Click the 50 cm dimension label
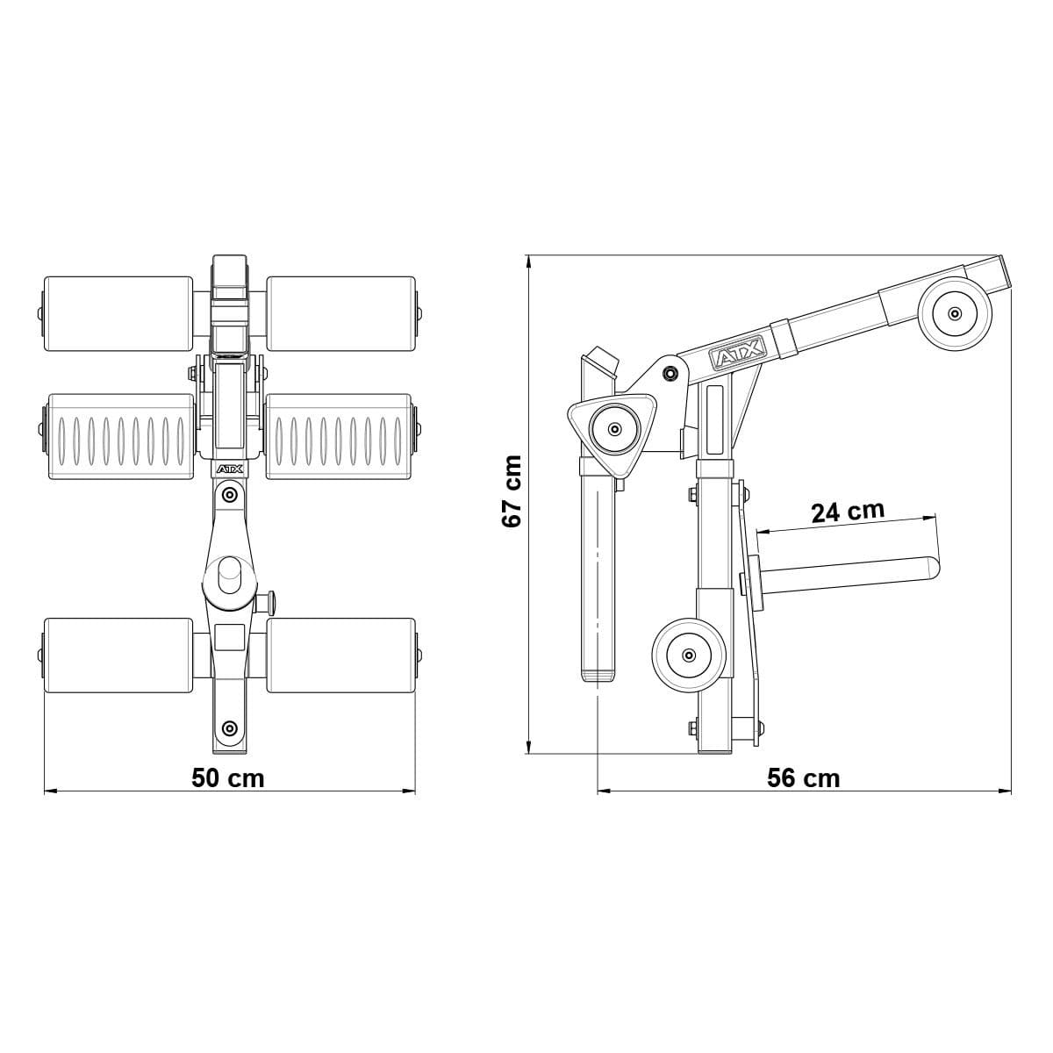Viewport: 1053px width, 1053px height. (227, 777)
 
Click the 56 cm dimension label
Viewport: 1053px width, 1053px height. (803, 777)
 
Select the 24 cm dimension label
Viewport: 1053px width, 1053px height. (847, 511)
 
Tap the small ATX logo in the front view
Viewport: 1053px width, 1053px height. (229, 470)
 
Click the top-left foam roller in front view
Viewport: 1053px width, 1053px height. (118, 313)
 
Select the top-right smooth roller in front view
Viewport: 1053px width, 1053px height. (340, 313)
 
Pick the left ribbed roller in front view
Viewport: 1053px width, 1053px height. (120, 436)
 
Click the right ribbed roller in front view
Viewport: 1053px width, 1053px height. (339, 436)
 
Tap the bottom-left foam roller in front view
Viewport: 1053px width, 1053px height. (118, 655)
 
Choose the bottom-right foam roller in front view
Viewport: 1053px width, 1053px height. (340, 655)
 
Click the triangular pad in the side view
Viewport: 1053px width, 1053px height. (614, 430)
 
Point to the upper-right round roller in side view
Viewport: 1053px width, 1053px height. (955, 312)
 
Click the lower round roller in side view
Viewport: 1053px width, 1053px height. (689, 655)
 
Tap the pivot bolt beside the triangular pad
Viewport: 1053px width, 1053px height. (671, 373)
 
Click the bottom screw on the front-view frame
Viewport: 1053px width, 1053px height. (229, 727)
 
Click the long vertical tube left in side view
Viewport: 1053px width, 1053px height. (597, 570)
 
